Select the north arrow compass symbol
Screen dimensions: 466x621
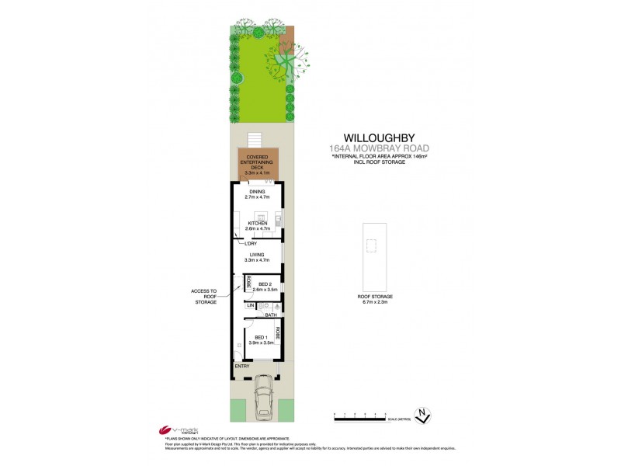click(x=423, y=416)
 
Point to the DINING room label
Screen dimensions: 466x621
click(x=257, y=191)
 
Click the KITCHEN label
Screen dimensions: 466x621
click(x=257, y=223)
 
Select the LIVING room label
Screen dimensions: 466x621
click(x=257, y=255)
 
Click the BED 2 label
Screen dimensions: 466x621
click(x=265, y=284)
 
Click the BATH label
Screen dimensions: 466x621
click(x=271, y=315)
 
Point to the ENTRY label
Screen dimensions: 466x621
click(x=242, y=365)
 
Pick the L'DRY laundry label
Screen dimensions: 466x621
click(x=250, y=243)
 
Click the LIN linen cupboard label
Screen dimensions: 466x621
click(x=251, y=306)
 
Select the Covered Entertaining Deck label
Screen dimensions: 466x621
click(x=257, y=165)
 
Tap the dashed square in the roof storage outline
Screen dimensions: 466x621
click(x=371, y=247)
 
